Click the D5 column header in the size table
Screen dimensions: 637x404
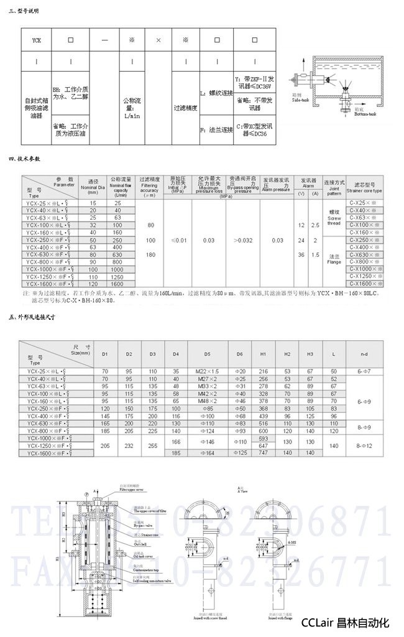coord(207,354)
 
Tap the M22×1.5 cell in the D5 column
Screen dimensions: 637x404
coord(207,371)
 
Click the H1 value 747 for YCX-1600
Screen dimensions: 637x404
coord(264,454)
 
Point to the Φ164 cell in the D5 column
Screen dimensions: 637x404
coord(207,454)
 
